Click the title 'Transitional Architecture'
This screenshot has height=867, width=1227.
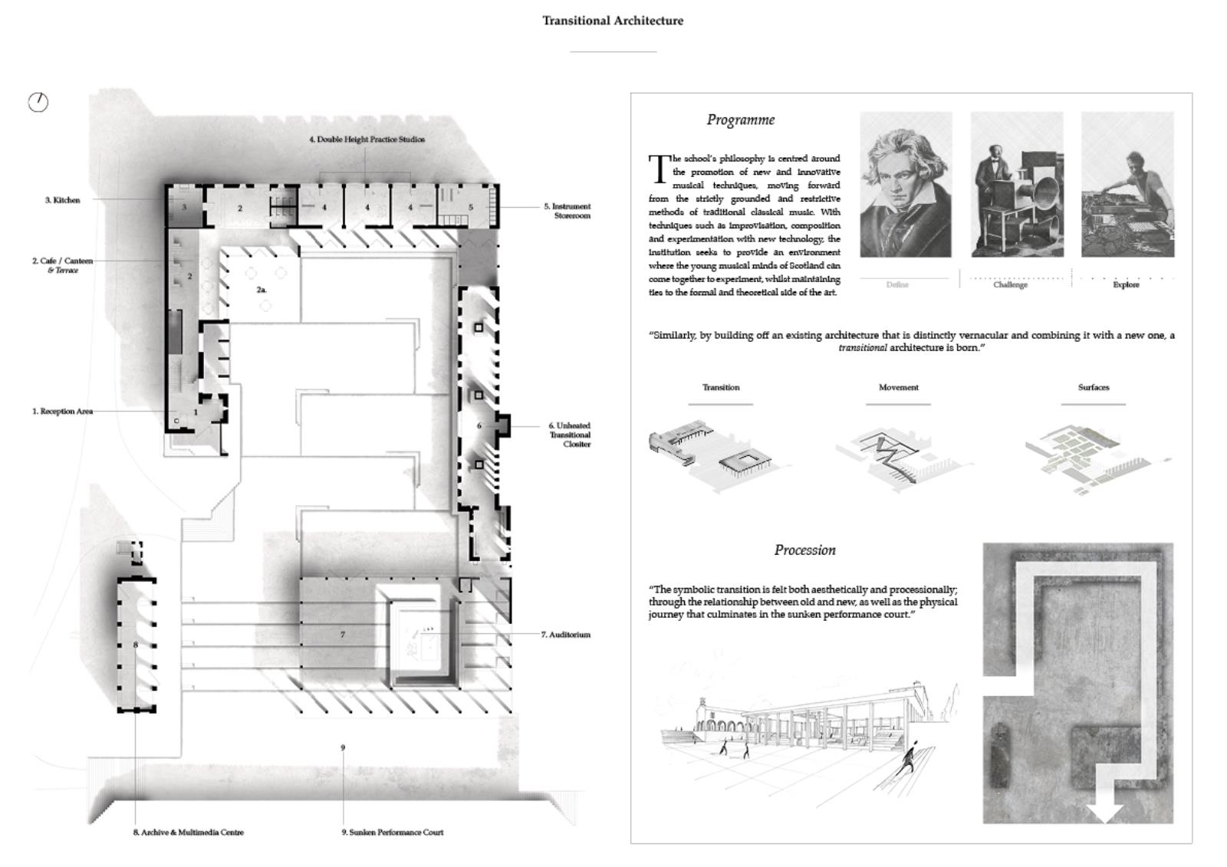coord(613,21)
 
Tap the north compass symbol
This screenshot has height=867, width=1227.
coord(38,102)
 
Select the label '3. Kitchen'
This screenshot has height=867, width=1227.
coord(62,200)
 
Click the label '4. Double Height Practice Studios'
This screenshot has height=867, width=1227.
coord(367,140)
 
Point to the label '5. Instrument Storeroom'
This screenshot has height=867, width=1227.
coord(567,211)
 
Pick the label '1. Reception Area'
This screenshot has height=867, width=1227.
coord(62,412)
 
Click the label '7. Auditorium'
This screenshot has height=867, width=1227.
coord(566,635)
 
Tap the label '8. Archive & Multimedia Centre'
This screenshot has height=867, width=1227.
coord(189,833)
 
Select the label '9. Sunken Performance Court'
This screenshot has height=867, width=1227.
coord(393,833)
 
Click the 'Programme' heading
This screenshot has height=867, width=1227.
coord(741,120)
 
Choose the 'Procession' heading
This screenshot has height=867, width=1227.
coord(804,550)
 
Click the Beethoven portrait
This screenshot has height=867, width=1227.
coord(906,185)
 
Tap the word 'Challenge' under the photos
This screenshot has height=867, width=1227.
coord(1010,284)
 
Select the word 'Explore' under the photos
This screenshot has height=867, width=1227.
coord(1126,284)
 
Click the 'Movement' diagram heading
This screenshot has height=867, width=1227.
coord(899,387)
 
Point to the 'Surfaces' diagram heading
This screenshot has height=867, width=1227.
coord(1094,387)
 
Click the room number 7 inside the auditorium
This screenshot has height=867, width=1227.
coord(343,635)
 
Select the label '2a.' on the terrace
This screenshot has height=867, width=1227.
coord(262,290)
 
